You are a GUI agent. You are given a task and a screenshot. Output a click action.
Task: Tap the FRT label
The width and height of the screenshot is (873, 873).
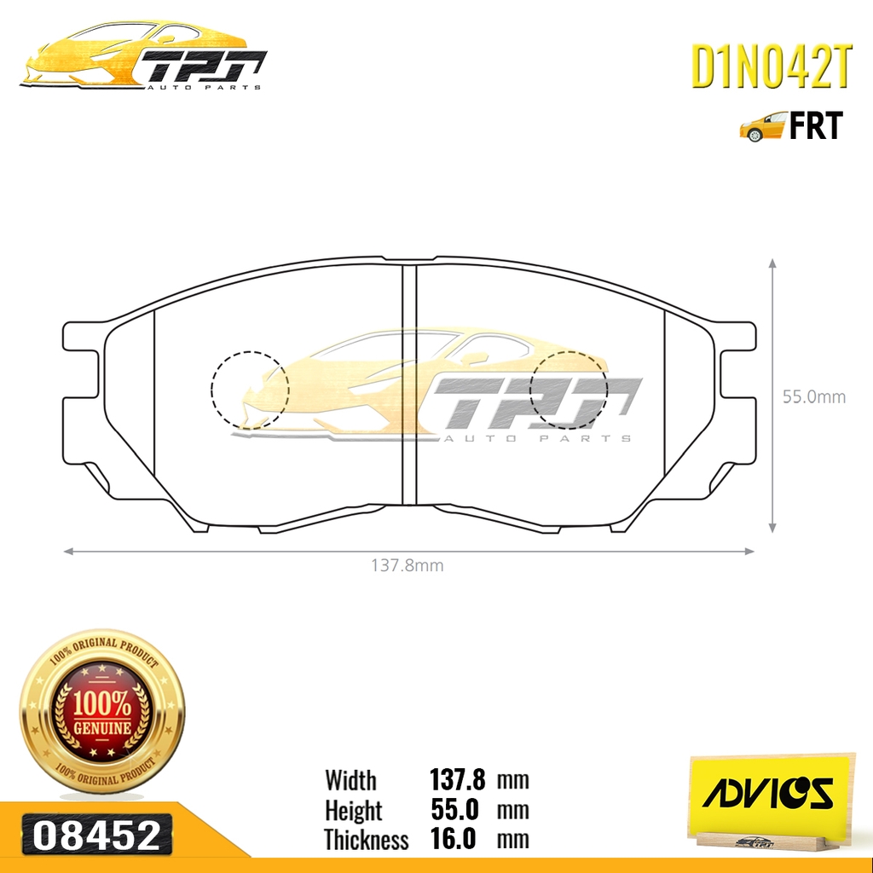[815, 126]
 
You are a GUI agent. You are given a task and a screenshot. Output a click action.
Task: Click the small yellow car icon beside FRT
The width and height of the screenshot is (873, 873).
[762, 127]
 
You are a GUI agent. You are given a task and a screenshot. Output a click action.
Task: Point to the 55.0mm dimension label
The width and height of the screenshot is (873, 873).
[814, 396]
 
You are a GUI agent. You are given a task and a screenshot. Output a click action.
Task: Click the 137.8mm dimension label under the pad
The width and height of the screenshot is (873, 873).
[408, 564]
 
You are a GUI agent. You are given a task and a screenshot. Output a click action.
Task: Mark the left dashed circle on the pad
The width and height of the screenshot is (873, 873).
[250, 389]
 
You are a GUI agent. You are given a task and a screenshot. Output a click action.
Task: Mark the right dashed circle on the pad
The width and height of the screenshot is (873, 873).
[569, 389]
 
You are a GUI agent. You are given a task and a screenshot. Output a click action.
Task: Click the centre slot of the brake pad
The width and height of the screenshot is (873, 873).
[408, 384]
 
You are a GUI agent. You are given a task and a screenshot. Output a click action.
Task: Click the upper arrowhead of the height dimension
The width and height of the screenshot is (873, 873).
[772, 264]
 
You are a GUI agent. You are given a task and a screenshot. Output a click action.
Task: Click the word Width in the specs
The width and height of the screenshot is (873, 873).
[350, 780]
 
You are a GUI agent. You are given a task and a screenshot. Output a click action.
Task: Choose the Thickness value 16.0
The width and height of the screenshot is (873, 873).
[454, 840]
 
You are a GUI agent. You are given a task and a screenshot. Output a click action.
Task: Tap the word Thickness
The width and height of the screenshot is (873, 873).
[367, 840]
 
